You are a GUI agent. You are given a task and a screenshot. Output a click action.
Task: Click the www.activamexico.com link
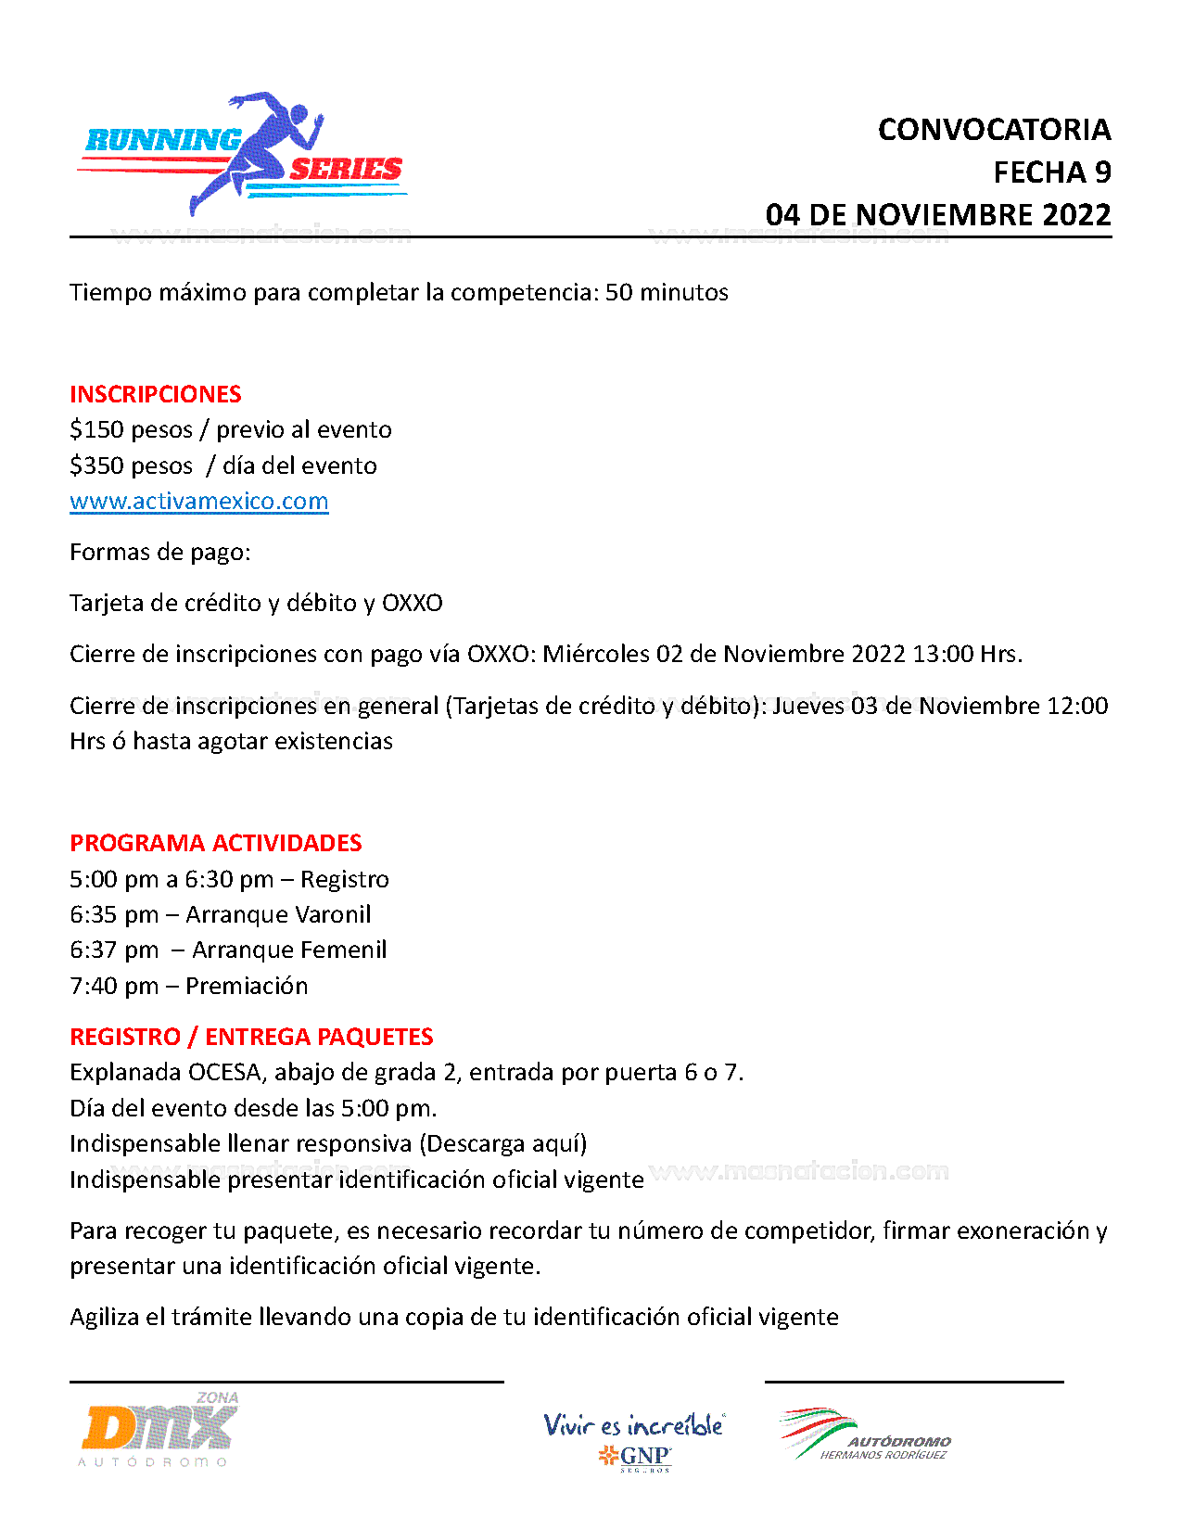[198, 502]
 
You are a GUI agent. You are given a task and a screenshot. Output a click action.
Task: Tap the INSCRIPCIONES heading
[155, 394]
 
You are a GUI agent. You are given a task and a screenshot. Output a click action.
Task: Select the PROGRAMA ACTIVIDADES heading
[215, 843]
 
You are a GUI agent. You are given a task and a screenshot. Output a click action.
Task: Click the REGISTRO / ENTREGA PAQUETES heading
[251, 1037]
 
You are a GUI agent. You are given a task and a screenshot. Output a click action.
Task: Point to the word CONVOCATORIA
[994, 130]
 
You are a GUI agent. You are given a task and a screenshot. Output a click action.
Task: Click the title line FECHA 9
[1051, 172]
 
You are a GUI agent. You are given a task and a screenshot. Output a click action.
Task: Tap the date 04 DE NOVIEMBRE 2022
[937, 215]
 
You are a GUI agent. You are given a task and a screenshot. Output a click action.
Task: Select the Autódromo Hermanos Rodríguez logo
[865, 1435]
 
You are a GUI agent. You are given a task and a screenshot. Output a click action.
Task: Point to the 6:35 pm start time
[113, 915]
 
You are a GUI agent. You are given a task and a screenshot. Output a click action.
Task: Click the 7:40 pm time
[113, 987]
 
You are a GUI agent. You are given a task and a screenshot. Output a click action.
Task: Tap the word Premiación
[247, 987]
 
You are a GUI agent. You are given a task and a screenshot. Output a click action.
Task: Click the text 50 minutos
[667, 293]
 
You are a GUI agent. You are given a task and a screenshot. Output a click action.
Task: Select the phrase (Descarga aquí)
[502, 1144]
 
